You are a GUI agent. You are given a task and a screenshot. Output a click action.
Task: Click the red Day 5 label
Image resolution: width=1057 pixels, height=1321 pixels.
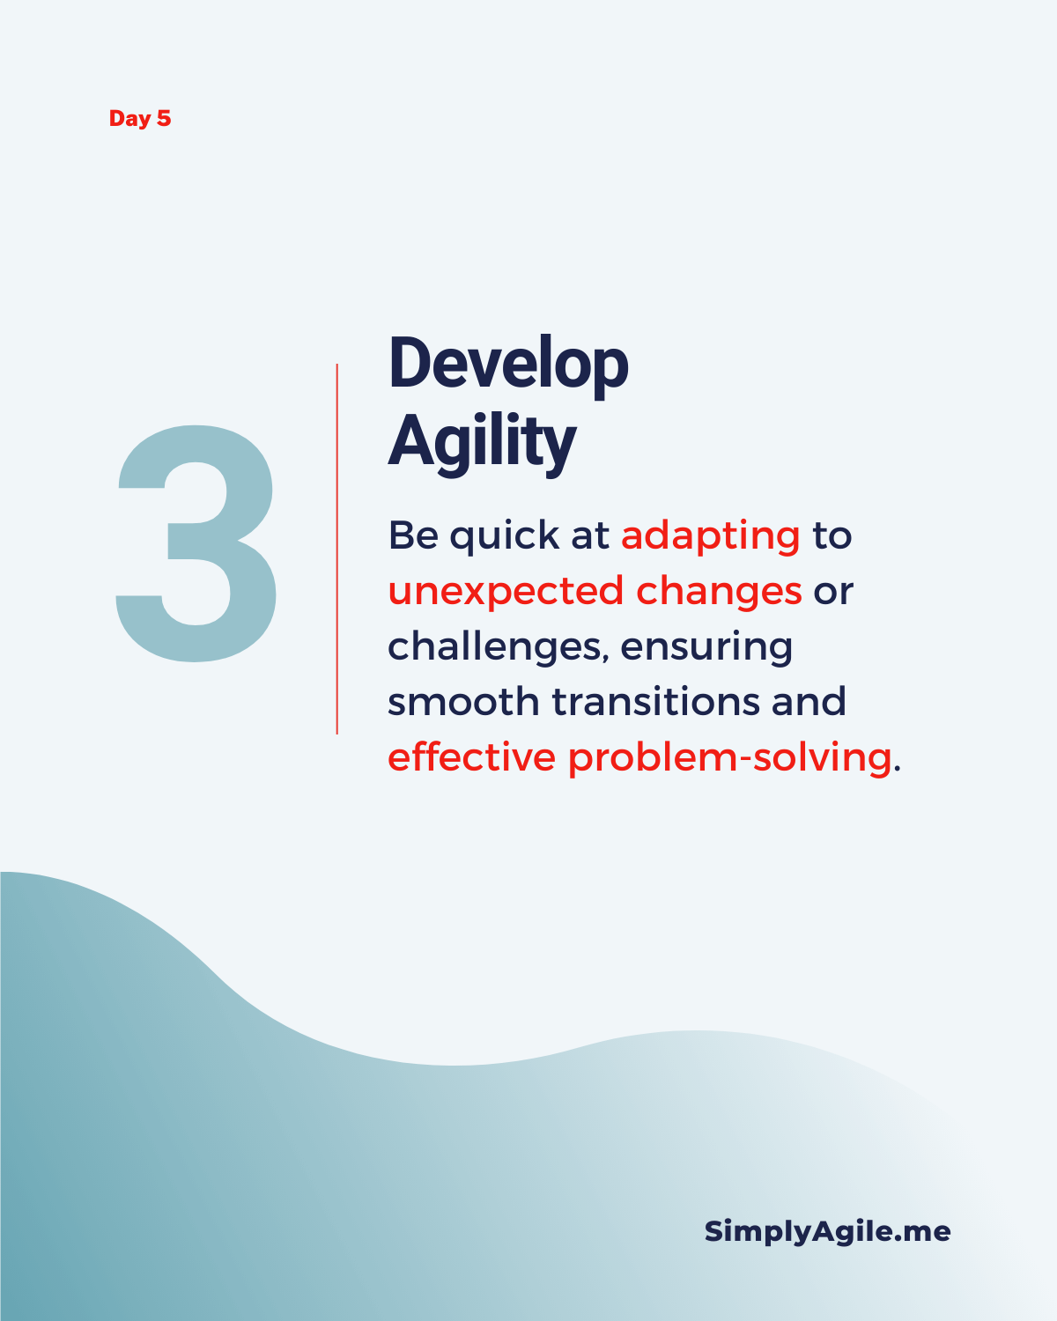140,119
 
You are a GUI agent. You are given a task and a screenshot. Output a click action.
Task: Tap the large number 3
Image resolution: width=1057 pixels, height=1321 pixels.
196,543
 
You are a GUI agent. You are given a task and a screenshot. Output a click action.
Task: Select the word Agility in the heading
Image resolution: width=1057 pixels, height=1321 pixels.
482,443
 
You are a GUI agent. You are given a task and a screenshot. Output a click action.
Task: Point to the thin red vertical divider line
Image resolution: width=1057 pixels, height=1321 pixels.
337,549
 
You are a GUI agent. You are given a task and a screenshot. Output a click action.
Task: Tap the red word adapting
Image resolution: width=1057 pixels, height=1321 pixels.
711,537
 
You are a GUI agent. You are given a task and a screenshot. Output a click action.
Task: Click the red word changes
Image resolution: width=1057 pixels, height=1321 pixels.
719,591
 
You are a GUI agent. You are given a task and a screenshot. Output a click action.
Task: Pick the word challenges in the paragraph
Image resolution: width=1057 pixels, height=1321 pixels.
498,647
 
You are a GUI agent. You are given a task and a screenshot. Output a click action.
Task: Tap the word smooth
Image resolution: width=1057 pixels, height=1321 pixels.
463,702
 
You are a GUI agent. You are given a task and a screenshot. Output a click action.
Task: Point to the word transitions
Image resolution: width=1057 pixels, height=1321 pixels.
656,702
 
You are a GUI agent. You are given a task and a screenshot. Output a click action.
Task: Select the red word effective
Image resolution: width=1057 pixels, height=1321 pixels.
472,756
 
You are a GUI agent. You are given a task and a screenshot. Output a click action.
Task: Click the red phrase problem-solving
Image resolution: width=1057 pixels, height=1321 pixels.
729,758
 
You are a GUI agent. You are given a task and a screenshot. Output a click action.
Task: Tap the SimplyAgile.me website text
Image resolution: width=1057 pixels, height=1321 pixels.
827,1232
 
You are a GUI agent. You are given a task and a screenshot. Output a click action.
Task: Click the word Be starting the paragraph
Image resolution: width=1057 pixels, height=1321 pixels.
413,535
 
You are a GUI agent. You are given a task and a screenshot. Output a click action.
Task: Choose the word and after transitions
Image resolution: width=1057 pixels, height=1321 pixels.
809,702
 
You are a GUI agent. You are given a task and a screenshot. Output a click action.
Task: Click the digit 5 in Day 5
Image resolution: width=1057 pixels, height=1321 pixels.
164,119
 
